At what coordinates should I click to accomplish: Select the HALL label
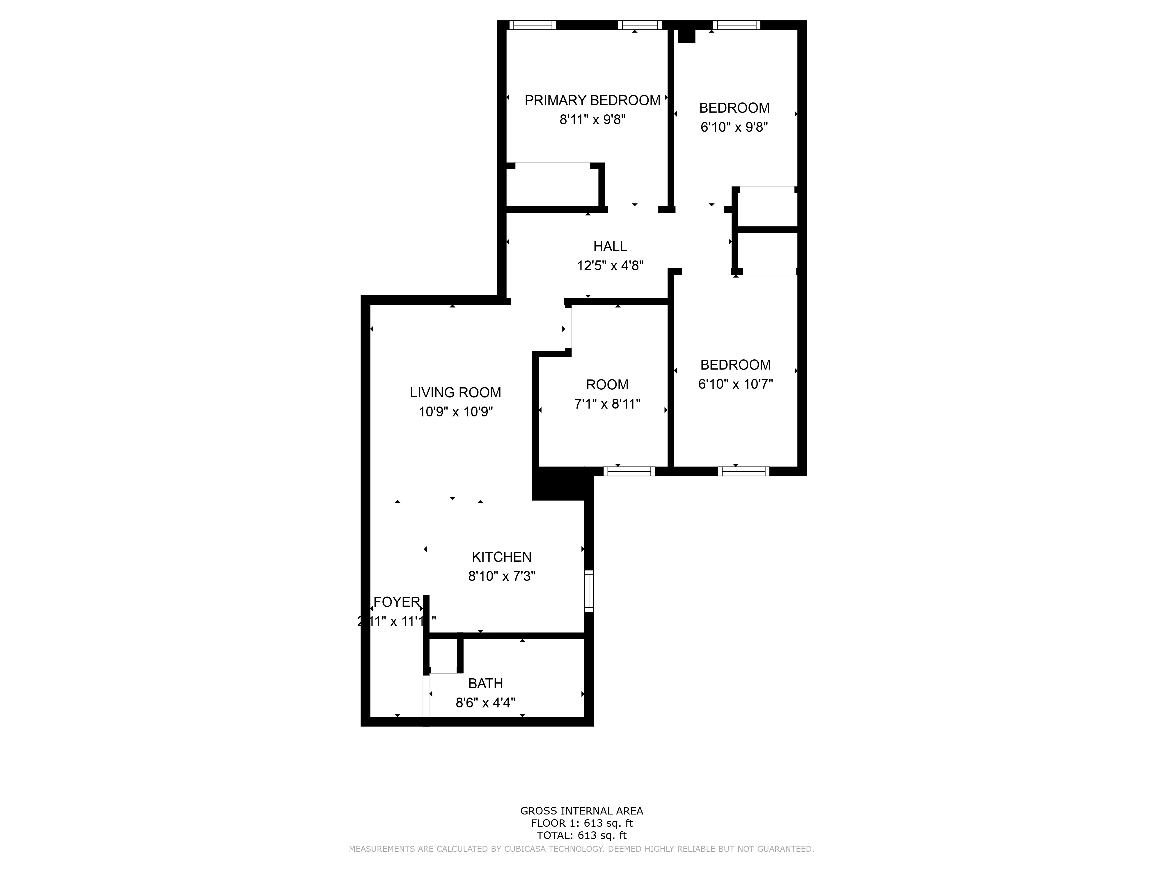tap(610, 246)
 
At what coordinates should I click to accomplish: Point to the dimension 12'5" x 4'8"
tap(610, 266)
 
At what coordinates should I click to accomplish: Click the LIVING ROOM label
tap(455, 393)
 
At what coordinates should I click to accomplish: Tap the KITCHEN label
tap(501, 557)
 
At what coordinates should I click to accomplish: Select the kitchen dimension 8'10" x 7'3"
tap(501, 576)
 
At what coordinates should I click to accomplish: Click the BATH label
tap(485, 684)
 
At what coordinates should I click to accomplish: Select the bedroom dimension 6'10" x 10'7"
tap(735, 384)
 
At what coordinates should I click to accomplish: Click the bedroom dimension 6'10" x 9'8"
tap(734, 127)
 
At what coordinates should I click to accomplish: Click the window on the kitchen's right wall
tap(589, 591)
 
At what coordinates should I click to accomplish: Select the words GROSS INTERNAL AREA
tap(581, 811)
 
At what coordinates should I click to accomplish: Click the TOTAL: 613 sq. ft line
tap(581, 835)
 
